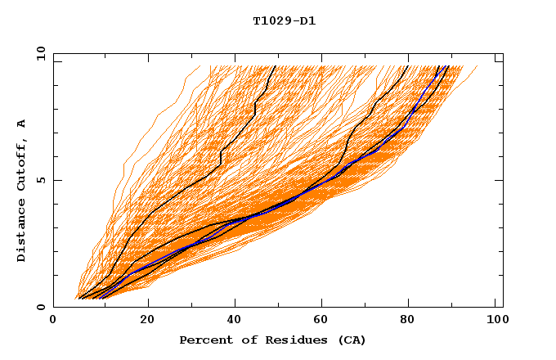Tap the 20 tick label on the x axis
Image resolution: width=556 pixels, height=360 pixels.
pos(147,322)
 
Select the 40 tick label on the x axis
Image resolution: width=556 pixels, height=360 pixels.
pos(235,322)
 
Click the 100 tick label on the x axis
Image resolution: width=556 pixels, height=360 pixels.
pos(495,322)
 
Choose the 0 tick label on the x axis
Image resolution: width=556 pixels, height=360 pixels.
pos(54,322)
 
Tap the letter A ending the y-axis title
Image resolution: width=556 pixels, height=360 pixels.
pos(22,124)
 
